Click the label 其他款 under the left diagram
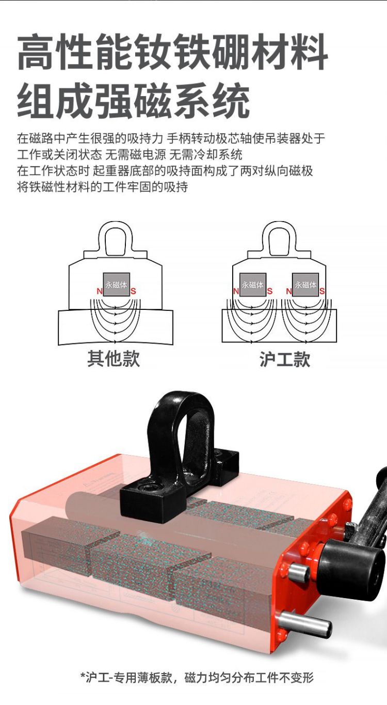[x=114, y=358]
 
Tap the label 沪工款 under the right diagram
[x=285, y=359]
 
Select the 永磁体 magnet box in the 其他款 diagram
[x=116, y=285]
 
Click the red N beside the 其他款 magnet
[x=100, y=291]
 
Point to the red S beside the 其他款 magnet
[x=133, y=291]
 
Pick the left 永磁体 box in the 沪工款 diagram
[x=252, y=285]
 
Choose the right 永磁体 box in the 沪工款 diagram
[x=305, y=285]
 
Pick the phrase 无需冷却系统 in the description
[x=206, y=154]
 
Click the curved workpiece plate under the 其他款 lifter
[x=116, y=327]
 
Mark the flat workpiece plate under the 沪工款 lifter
[x=279, y=326]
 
